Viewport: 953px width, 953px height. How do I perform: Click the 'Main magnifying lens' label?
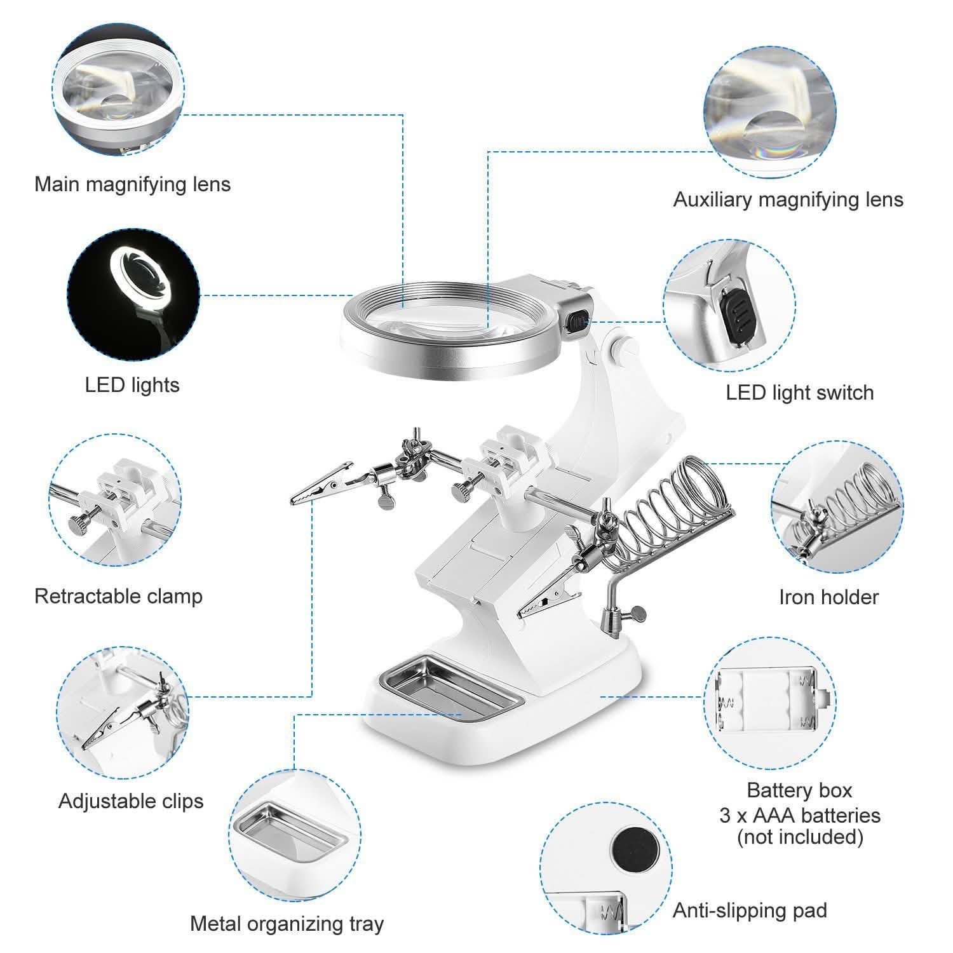coord(132,184)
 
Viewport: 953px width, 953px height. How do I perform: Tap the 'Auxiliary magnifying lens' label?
coord(788,199)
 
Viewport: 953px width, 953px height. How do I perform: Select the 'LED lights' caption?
coord(132,385)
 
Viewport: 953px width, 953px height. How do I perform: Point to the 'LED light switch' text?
coord(799,393)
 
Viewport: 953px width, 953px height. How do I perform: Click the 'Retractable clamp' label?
coord(118,596)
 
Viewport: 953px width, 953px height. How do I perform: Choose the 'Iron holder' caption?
coord(828,597)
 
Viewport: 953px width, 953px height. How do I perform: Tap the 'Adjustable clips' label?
coord(131,801)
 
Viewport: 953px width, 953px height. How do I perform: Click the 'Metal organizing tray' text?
coord(287,923)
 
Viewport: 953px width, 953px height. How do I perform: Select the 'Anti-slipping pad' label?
coord(750,910)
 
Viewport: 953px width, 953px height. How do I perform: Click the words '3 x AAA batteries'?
coord(799,815)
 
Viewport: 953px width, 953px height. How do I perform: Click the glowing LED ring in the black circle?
coord(145,274)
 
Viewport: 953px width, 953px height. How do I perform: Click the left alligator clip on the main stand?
coord(321,485)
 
